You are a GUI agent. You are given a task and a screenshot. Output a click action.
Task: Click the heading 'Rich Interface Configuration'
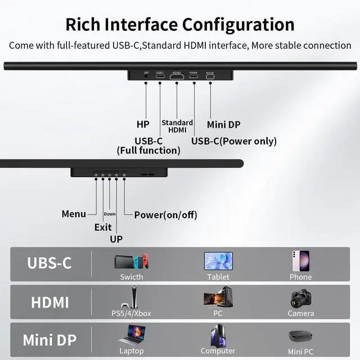click(180, 25)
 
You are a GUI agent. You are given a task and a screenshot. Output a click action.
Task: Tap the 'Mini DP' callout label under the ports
click(223, 124)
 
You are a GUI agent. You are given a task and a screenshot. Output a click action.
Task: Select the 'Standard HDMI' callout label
click(177, 126)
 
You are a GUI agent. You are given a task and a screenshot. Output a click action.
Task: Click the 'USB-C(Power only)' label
click(234, 141)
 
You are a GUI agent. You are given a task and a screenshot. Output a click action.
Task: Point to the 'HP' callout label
click(143, 124)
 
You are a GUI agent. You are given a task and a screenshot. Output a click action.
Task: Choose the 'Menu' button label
click(74, 214)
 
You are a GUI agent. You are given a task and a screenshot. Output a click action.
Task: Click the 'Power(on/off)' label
click(166, 214)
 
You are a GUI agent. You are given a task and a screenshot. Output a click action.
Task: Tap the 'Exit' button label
click(103, 227)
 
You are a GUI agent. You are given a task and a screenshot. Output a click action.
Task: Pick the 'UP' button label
click(116, 239)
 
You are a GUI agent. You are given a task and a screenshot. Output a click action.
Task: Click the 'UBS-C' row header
click(49, 263)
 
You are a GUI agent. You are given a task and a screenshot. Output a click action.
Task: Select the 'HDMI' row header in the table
click(50, 302)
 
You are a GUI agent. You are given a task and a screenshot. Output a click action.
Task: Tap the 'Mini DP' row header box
click(49, 340)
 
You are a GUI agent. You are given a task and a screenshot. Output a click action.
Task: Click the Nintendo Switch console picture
click(132, 262)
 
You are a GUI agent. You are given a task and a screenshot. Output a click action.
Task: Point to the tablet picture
click(218, 260)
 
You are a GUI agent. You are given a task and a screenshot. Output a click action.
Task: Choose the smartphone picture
click(300, 261)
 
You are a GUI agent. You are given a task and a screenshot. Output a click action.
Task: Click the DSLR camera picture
click(301, 299)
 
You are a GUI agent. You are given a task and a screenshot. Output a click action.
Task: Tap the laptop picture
click(132, 336)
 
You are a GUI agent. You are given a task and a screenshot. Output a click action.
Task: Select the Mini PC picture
click(300, 336)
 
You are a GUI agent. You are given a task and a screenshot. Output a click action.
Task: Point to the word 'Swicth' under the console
click(132, 277)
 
